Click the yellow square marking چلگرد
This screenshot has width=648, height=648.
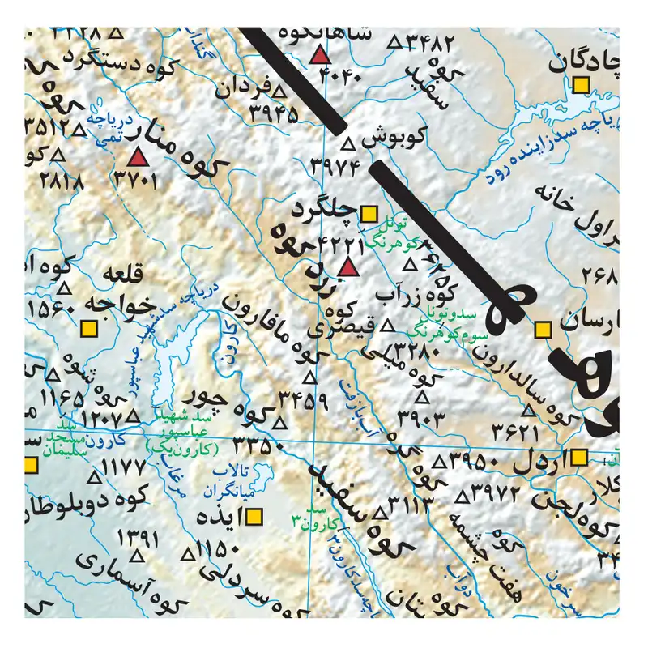[369, 214]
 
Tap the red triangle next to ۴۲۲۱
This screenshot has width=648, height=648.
[347, 267]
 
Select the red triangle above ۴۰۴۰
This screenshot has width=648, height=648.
[321, 56]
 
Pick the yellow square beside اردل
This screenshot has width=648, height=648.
[578, 458]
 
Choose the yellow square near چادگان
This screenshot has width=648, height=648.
[580, 84]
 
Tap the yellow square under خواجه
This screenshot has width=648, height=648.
[88, 329]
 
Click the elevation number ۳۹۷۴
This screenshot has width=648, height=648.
[334, 168]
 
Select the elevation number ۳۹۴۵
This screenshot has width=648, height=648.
[274, 113]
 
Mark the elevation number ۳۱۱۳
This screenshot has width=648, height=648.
[411, 505]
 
